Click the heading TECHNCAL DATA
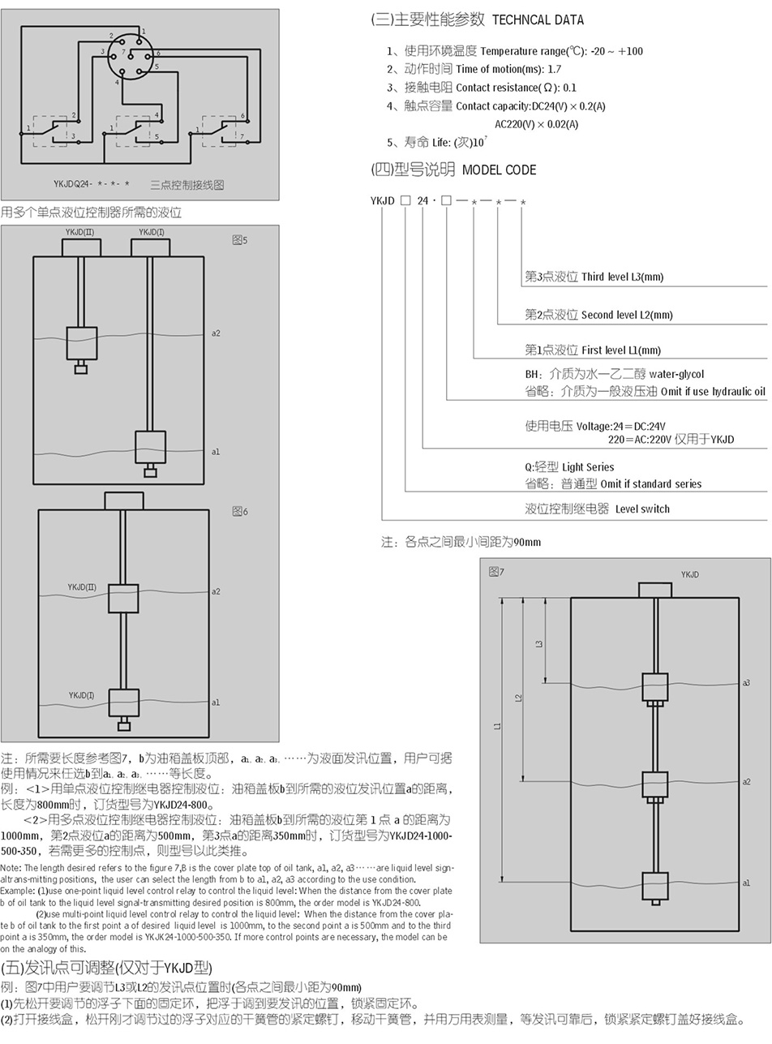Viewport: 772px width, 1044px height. [538, 19]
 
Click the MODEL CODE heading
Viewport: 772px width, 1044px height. [499, 170]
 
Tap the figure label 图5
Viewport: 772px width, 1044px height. [239, 240]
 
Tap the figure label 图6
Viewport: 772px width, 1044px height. [239, 511]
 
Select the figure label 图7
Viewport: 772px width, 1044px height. [496, 572]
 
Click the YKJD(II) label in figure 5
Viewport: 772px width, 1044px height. [79, 233]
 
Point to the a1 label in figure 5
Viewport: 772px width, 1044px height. [215, 452]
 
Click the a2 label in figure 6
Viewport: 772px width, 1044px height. [215, 591]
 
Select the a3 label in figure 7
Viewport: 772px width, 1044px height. [746, 683]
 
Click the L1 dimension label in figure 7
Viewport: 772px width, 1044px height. [498, 726]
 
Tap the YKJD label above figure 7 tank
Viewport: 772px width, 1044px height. [689, 574]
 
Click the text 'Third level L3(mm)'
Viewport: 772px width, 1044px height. [622, 277]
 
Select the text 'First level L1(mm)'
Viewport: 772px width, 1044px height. [620, 350]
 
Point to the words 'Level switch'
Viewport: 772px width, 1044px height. [642, 509]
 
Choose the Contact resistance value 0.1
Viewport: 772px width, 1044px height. [569, 88]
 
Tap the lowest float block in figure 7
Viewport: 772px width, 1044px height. [654, 886]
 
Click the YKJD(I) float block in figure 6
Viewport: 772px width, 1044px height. [123, 702]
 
